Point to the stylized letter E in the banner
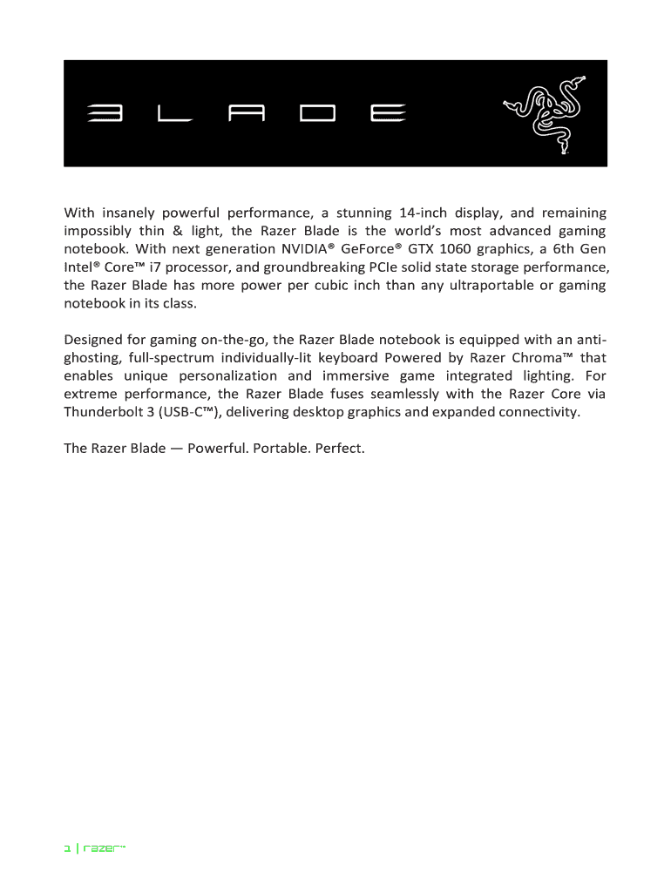(x=385, y=114)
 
